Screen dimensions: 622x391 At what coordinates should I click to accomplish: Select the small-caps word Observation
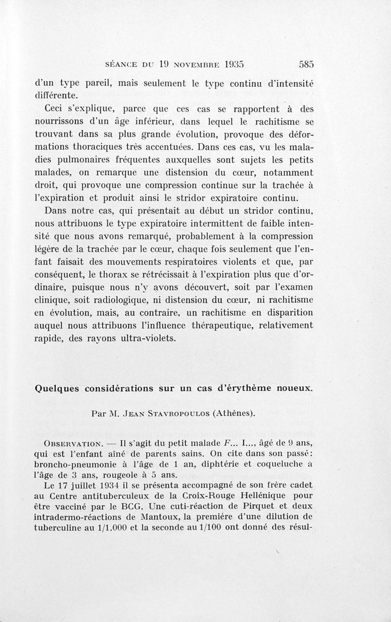(73, 443)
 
